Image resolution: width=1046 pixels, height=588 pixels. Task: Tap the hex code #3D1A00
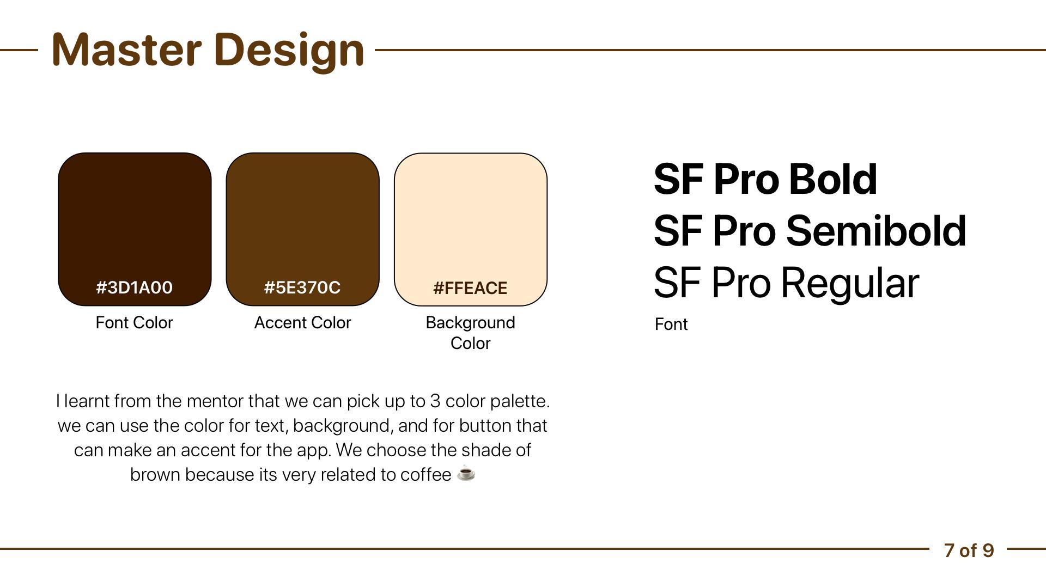(x=135, y=287)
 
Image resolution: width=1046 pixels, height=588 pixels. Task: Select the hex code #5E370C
(x=302, y=287)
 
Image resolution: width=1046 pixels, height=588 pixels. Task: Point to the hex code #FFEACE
(x=470, y=288)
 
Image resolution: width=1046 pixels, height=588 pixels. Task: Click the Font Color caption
(x=134, y=322)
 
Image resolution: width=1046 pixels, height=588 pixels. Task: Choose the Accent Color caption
(x=302, y=322)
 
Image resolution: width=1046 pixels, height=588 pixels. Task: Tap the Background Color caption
(x=470, y=333)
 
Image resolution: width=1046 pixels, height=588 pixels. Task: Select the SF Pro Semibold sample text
(x=810, y=230)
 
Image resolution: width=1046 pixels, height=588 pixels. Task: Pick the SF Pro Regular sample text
(x=787, y=283)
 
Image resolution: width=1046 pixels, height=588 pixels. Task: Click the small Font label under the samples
(x=671, y=324)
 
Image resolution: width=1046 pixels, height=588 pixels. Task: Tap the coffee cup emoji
(x=466, y=474)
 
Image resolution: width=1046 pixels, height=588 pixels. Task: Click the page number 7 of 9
(x=969, y=550)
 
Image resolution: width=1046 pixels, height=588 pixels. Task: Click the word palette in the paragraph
(x=520, y=402)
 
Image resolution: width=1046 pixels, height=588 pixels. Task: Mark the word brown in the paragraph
(x=155, y=474)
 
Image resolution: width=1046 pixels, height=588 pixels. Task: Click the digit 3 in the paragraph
(x=435, y=401)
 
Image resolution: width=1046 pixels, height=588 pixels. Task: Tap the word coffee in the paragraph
(x=425, y=474)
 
